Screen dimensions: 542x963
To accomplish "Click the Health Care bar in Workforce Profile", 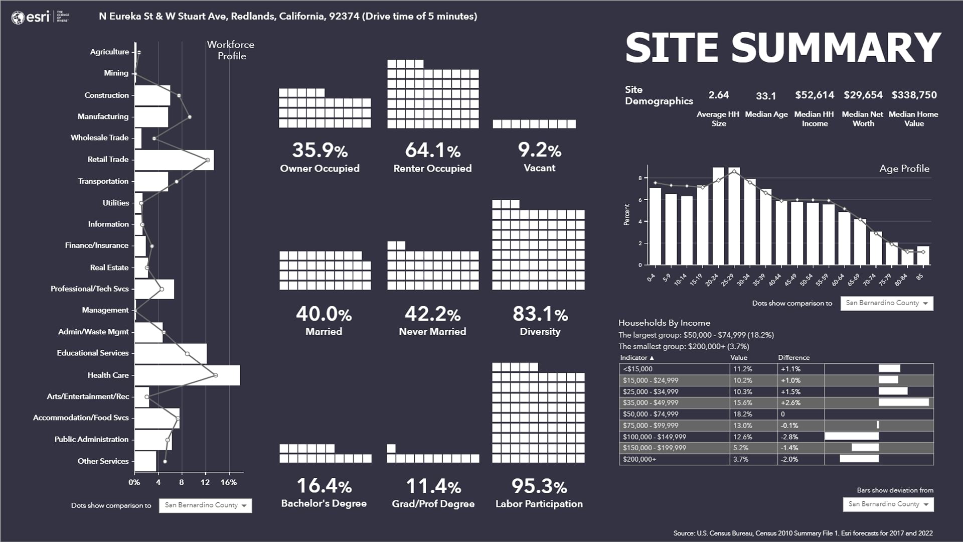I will tap(187, 375).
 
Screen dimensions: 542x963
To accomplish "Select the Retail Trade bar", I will tap(174, 160).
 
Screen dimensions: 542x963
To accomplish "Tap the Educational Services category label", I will tap(93, 353).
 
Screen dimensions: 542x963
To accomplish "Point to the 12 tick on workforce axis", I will tap(205, 483).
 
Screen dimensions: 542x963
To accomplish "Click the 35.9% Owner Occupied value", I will tap(319, 151).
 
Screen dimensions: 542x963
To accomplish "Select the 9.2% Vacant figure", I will tap(539, 150).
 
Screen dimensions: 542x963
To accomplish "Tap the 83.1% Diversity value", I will tap(540, 314).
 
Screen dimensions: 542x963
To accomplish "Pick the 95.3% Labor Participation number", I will tap(539, 486).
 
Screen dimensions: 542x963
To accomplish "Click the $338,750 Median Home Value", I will tap(914, 95).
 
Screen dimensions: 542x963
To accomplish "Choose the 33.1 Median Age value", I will tap(765, 96).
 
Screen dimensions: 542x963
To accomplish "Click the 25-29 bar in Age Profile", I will tap(734, 216).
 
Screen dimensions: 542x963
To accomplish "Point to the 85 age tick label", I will tap(919, 277).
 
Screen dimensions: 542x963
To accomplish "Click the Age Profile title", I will tap(904, 169).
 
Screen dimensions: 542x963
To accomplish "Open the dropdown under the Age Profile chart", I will tap(886, 303).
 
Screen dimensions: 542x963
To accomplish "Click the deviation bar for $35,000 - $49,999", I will tap(903, 402).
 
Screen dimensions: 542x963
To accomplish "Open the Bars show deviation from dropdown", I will tap(888, 504).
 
